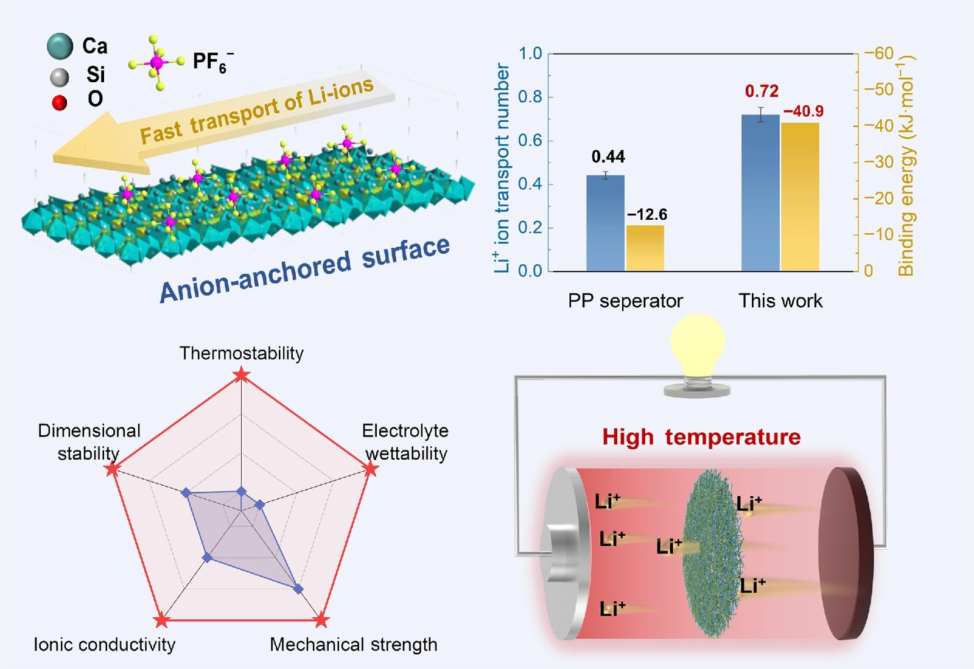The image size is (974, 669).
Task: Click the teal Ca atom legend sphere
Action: point(60,46)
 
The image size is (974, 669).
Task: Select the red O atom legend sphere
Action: point(59,102)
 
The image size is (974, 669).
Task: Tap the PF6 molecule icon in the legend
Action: point(156,62)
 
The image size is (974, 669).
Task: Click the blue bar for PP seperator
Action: point(605,223)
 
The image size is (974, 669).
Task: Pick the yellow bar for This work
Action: point(800,197)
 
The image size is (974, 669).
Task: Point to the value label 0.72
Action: point(762,91)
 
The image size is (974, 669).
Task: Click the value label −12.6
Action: point(647,214)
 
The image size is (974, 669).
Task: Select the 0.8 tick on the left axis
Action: point(530,97)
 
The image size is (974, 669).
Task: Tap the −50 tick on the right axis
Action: point(879,89)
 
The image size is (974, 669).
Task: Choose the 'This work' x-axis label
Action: point(780,301)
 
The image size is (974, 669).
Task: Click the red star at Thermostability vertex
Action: point(242,376)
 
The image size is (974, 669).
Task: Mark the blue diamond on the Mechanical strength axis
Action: point(298,589)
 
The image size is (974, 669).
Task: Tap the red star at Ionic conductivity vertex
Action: point(161,621)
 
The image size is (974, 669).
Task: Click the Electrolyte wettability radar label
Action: point(405,442)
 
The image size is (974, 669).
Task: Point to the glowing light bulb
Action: point(698,344)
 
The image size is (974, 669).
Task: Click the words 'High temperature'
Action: point(701,437)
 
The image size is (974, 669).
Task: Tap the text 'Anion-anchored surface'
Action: point(304,269)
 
